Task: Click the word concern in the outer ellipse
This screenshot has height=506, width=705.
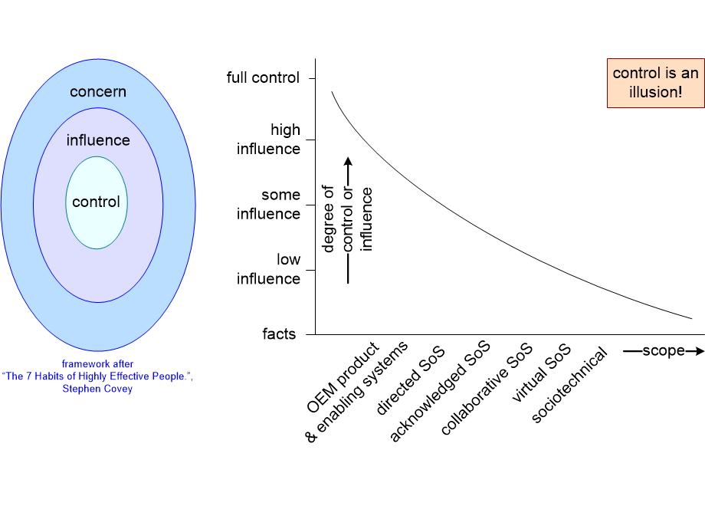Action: (98, 92)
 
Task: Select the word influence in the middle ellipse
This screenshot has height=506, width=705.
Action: (98, 140)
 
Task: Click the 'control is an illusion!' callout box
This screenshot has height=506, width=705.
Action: (655, 83)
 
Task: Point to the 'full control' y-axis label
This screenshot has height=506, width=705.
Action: (264, 78)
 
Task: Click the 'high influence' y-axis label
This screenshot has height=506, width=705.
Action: (268, 140)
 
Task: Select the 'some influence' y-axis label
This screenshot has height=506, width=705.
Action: (268, 205)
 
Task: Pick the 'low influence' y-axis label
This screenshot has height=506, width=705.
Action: (268, 269)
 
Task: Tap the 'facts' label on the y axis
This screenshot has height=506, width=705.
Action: (279, 334)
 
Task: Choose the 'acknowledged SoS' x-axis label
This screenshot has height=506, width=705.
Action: (440, 393)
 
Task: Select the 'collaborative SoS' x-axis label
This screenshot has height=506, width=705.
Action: (487, 390)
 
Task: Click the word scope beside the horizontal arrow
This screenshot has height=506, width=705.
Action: (664, 351)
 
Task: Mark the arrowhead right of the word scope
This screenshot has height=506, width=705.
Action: (697, 351)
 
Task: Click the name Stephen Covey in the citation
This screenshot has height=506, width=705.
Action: (97, 389)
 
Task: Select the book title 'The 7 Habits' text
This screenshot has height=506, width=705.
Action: (97, 376)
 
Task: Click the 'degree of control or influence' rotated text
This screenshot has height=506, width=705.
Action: (348, 219)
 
